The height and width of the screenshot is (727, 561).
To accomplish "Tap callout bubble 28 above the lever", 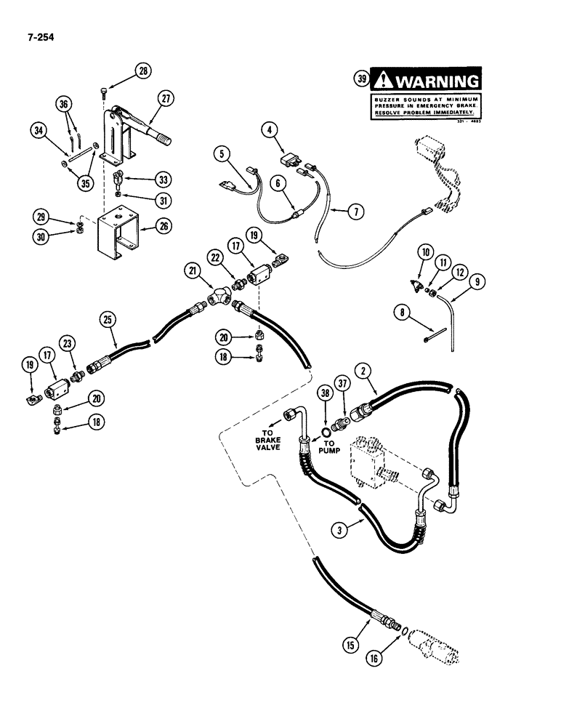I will coord(142,71).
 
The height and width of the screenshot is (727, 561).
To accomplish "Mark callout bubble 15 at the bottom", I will coord(351,643).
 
